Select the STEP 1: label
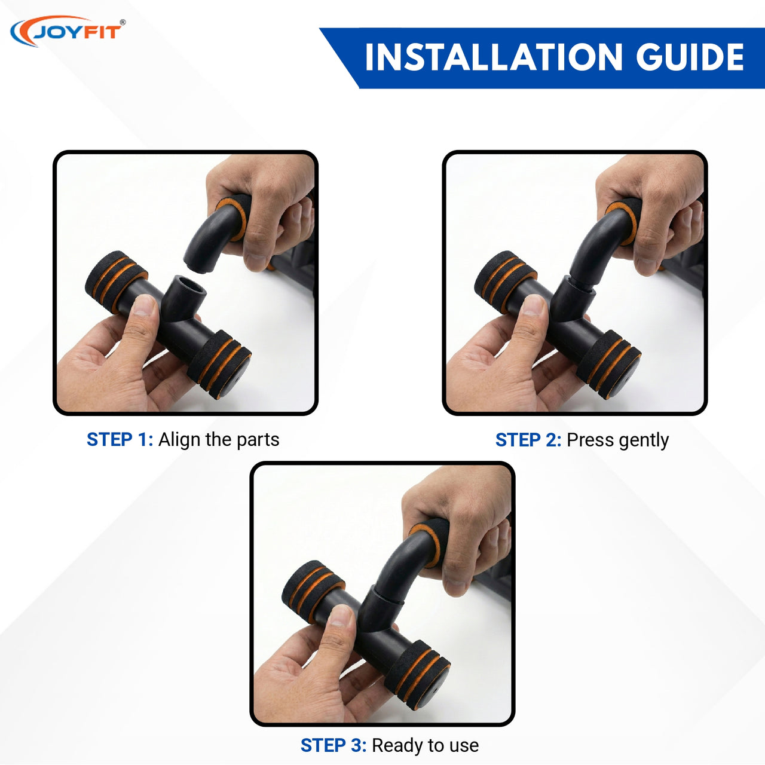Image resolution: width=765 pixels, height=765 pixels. click(120, 439)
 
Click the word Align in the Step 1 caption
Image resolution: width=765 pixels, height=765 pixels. click(180, 439)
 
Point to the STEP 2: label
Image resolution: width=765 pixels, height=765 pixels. click(528, 440)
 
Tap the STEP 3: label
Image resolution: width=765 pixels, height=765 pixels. click(333, 745)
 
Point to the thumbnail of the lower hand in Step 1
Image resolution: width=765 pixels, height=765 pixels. click(143, 305)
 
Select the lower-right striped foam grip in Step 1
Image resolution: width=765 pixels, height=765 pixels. click(219, 365)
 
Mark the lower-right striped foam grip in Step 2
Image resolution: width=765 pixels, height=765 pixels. click(608, 365)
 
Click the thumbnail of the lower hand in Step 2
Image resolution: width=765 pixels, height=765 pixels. click(533, 305)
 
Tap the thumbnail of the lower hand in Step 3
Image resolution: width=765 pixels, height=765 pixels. click(341, 616)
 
